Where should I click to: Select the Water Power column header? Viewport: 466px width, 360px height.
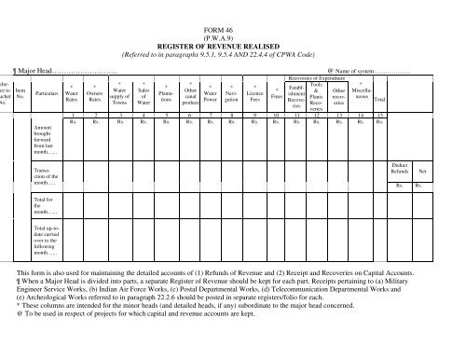point(210,94)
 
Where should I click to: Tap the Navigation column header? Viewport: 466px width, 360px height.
point(232,94)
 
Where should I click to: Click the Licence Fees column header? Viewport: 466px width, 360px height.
point(254,94)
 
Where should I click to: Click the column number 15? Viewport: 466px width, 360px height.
point(379,115)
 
